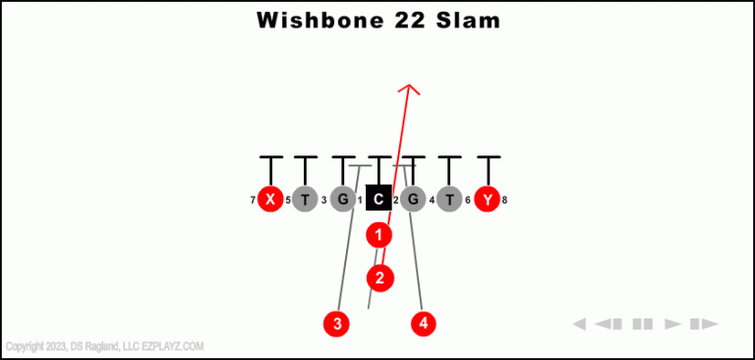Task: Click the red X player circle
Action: click(270, 200)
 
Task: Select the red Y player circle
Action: click(487, 200)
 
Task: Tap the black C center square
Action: click(378, 200)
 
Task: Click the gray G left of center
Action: click(342, 200)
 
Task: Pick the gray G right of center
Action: click(414, 200)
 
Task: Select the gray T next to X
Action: click(306, 200)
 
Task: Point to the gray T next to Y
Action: click(450, 200)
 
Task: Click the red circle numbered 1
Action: click(378, 235)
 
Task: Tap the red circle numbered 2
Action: click(380, 278)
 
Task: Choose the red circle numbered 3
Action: click(337, 323)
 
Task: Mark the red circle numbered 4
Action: click(424, 323)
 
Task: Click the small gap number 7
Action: click(253, 201)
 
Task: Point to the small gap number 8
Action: click(504, 201)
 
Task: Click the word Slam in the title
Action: click(465, 20)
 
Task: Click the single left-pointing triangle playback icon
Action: click(579, 324)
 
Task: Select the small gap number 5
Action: click(288, 201)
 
